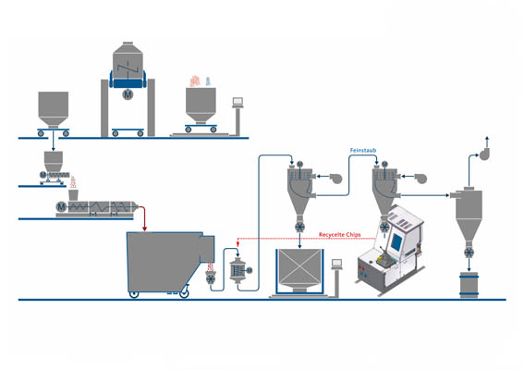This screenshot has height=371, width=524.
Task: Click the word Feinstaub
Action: [x=362, y=148]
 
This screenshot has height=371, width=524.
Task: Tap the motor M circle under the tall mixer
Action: [x=128, y=93]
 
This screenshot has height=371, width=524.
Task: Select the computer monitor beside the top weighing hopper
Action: [x=238, y=101]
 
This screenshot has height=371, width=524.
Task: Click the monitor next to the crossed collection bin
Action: [x=339, y=264]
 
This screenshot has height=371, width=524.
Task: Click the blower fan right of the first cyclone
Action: [x=333, y=177]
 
